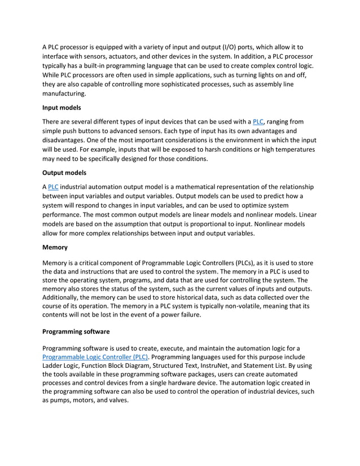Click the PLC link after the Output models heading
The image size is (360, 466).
[x=52, y=187]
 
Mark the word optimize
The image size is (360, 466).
[x=266, y=205]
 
